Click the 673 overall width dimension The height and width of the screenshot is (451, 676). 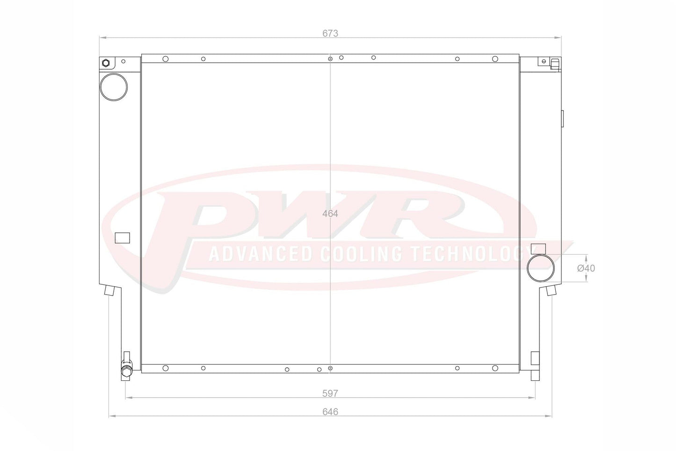coord(330,33)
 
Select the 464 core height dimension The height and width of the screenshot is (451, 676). coord(330,214)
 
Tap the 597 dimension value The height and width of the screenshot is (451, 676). coord(330,393)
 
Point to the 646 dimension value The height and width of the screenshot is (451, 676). coord(330,412)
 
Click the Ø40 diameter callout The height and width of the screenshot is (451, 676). coord(586,268)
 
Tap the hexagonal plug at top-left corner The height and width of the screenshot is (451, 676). coord(105,63)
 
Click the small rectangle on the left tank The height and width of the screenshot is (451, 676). coord(123,238)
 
